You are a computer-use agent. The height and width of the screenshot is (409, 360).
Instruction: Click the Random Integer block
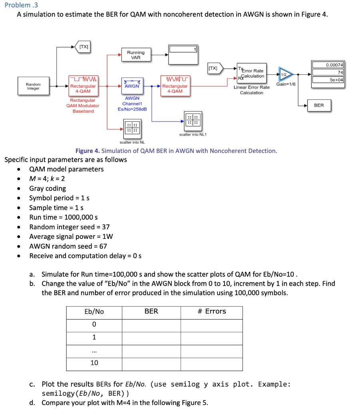pyautogui.click(x=33, y=86)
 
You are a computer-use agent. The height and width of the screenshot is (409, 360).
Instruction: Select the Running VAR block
pyautogui.click(x=135, y=55)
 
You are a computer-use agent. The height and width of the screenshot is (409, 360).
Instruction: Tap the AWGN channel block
pyautogui.click(x=132, y=86)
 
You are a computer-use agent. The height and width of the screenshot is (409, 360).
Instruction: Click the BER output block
pyautogui.click(x=319, y=105)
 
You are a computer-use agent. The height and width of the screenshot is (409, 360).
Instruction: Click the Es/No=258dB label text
pyautogui.click(x=132, y=109)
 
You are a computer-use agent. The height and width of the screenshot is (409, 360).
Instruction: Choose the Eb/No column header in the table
pyautogui.click(x=94, y=312)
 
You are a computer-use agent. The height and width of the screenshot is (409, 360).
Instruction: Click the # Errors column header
pyautogui.click(x=211, y=312)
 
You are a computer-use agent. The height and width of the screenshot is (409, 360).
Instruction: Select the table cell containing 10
pyautogui.click(x=94, y=363)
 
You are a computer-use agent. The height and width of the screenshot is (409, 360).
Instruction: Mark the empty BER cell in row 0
pyautogui.click(x=151, y=325)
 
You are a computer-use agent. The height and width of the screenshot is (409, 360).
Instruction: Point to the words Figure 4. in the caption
pyautogui.click(x=87, y=151)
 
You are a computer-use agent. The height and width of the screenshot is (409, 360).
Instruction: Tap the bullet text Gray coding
pyautogui.click(x=48, y=188)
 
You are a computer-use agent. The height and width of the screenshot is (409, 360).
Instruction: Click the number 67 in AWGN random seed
pyautogui.click(x=103, y=246)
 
